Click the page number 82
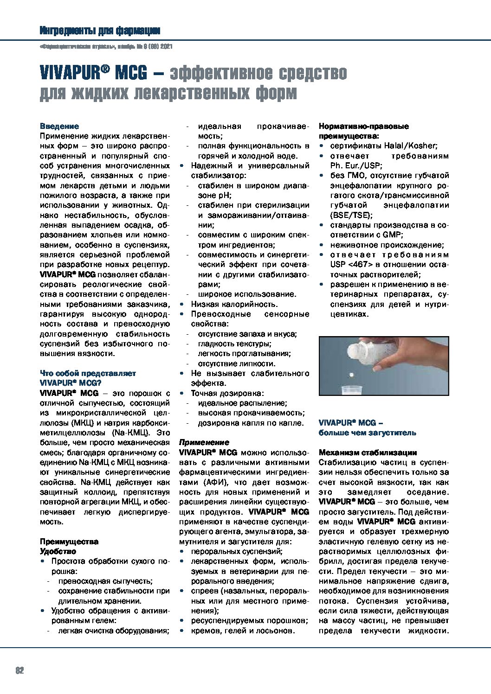(x=19, y=670)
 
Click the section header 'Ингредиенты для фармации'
(x=100, y=31)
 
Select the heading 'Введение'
(x=59, y=126)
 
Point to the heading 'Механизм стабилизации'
(x=368, y=452)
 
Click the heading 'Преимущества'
(x=69, y=541)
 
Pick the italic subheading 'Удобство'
(x=58, y=551)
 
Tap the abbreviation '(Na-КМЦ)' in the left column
(x=131, y=433)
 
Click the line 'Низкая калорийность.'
(x=234, y=304)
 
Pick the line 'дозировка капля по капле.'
(x=251, y=423)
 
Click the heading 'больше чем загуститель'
(x=367, y=433)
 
